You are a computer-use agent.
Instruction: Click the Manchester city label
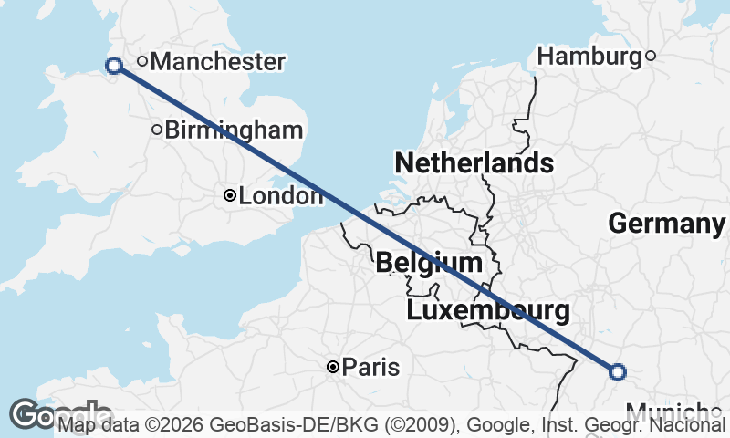click(218, 62)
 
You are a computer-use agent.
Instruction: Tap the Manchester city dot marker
click(142, 62)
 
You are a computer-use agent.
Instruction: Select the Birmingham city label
click(235, 130)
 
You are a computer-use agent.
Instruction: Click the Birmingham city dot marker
click(157, 130)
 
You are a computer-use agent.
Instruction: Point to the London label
click(280, 195)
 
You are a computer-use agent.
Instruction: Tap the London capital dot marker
click(230, 195)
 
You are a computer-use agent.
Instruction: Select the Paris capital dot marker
click(334, 367)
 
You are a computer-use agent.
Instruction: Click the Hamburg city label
click(589, 57)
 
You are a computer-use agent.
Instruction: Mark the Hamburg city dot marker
click(651, 57)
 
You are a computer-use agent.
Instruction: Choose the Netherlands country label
click(474, 163)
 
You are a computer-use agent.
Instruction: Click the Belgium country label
click(429, 264)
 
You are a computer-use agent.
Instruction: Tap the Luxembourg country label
click(488, 311)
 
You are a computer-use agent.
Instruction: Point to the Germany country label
click(666, 224)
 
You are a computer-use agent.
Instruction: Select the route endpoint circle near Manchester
click(114, 65)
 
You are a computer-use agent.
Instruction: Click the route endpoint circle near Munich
click(618, 371)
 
